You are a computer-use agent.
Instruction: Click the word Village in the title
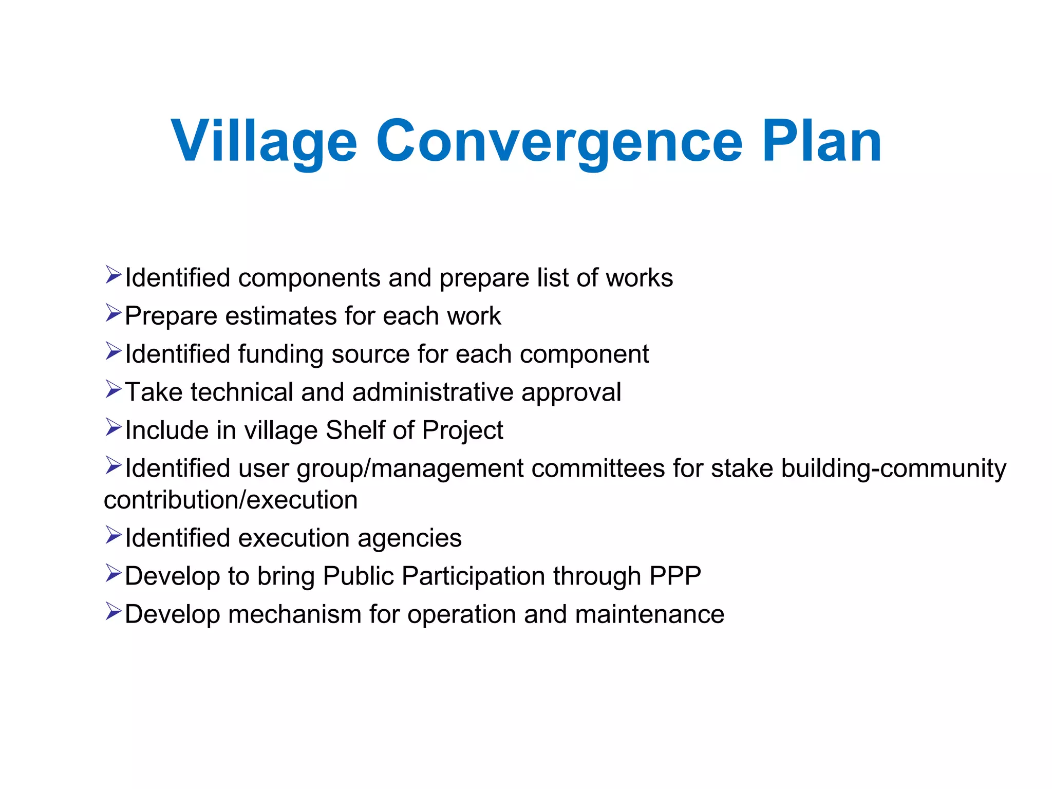(264, 141)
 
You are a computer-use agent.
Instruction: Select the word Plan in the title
(821, 141)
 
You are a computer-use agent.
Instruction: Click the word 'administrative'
(433, 392)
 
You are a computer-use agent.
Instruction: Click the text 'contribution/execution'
(231, 500)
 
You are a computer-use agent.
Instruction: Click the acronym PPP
(675, 576)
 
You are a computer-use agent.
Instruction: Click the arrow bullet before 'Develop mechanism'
(113, 611)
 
